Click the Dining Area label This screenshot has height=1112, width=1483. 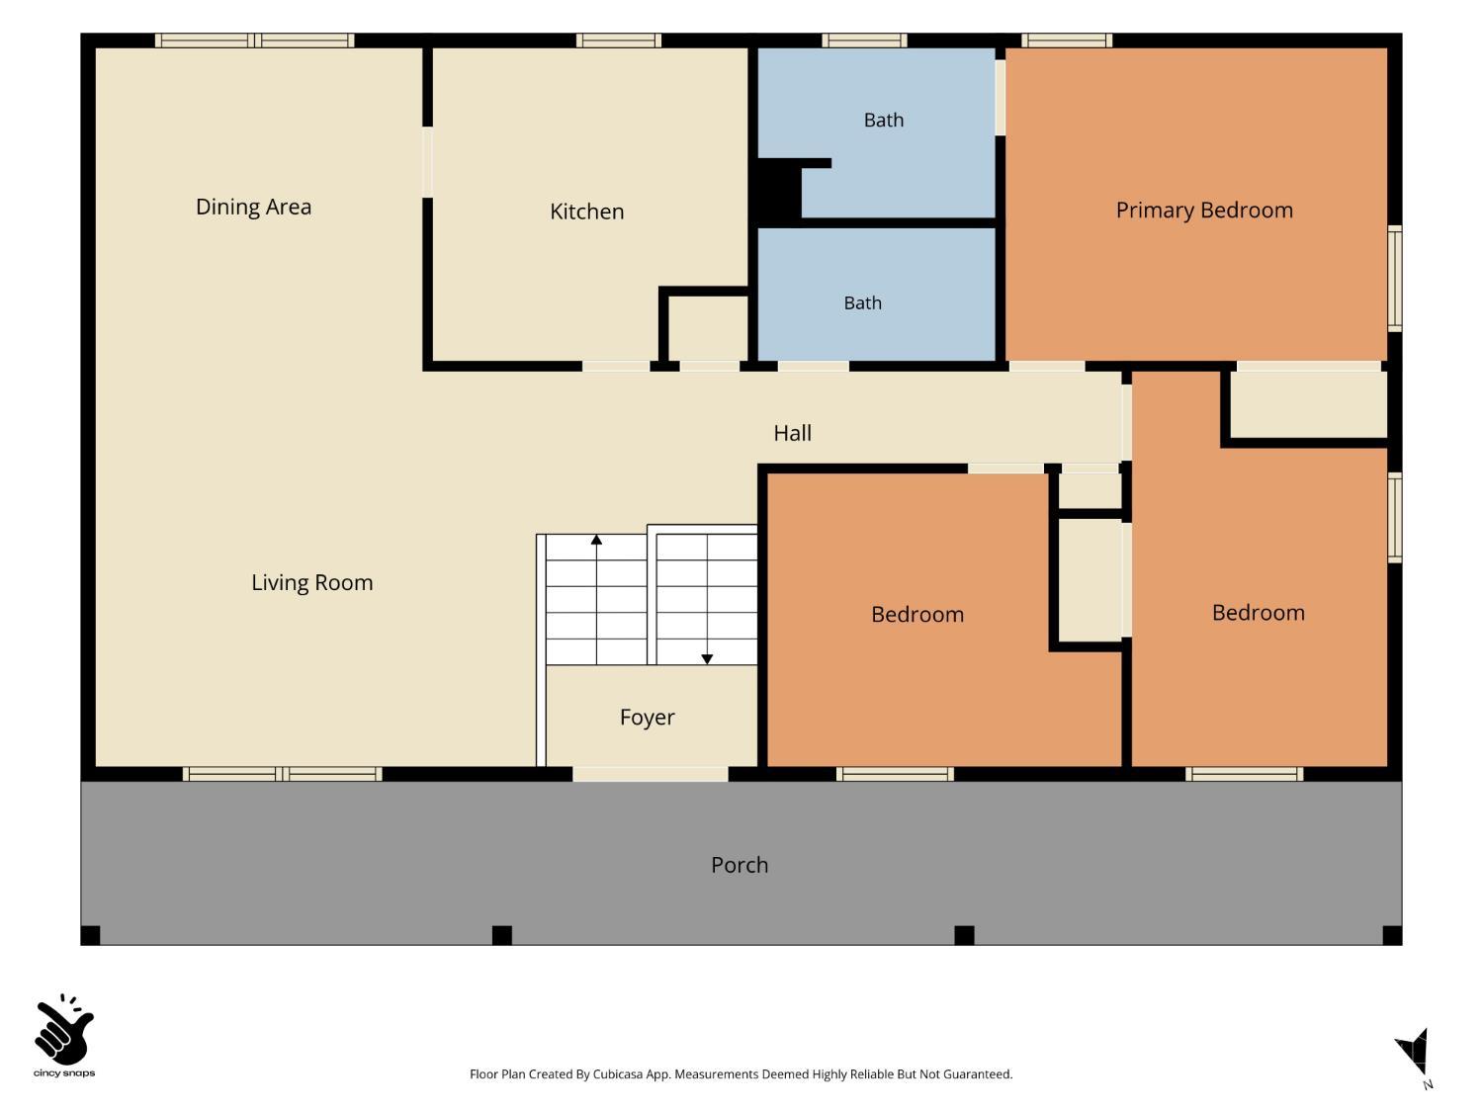tap(253, 207)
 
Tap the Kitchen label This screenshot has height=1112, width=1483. tap(586, 212)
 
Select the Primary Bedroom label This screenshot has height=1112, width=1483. tap(1204, 210)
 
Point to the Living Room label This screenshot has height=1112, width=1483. tap(311, 582)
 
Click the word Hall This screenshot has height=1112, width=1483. tap(792, 433)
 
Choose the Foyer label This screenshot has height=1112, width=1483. tap(647, 717)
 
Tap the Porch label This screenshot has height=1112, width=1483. tap(740, 865)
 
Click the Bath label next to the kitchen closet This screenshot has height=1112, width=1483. tap(862, 302)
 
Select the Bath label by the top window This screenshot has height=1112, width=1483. tap(883, 120)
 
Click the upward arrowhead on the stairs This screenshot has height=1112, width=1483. tap(596, 540)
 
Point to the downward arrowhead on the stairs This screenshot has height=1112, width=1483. tap(707, 659)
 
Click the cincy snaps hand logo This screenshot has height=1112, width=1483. tap(64, 1028)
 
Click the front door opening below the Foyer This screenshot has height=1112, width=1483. tap(650, 774)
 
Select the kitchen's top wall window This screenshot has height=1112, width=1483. tap(618, 41)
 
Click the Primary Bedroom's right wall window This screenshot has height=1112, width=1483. tap(1394, 278)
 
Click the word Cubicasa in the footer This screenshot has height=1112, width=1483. tap(618, 1074)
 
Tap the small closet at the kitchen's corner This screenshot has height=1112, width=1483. tap(707, 328)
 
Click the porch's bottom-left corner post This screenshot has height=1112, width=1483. tap(91, 935)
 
